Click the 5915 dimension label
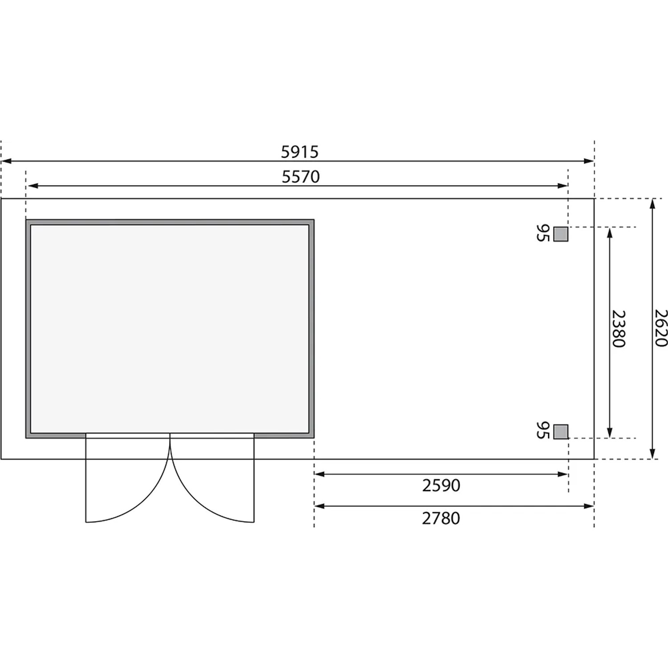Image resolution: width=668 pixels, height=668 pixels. [300, 152]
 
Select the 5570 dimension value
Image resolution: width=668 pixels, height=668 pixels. [301, 177]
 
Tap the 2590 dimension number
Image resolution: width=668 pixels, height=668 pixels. [441, 485]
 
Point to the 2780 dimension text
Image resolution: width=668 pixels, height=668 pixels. [441, 518]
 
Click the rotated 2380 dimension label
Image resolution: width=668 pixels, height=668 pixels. [619, 329]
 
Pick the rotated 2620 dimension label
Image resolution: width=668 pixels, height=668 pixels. [661, 328]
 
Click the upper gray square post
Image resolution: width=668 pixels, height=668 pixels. [561, 234]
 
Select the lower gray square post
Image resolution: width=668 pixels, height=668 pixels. [561, 432]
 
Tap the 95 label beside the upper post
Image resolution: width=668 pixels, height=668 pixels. [542, 233]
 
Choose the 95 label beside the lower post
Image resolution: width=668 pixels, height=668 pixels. [542, 431]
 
